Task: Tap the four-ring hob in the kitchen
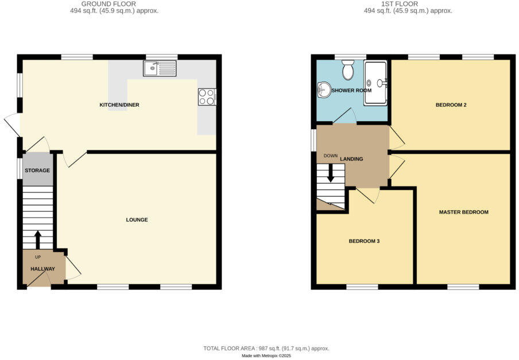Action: tap(207, 97)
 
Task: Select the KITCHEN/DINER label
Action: tap(119, 105)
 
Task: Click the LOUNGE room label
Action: tap(137, 220)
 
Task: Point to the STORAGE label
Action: tap(37, 171)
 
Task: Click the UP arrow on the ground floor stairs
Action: tap(38, 238)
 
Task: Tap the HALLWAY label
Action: tap(42, 269)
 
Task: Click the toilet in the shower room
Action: tap(347, 71)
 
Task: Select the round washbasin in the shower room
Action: tap(323, 90)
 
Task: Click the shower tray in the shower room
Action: tap(375, 83)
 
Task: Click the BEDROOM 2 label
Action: tap(451, 105)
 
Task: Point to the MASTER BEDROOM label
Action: tap(463, 212)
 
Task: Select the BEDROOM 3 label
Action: tap(364, 241)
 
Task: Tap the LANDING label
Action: tap(351, 159)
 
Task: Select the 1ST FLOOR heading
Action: tap(409, 4)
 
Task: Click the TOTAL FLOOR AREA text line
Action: tap(266, 349)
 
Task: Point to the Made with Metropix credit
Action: tap(266, 356)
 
